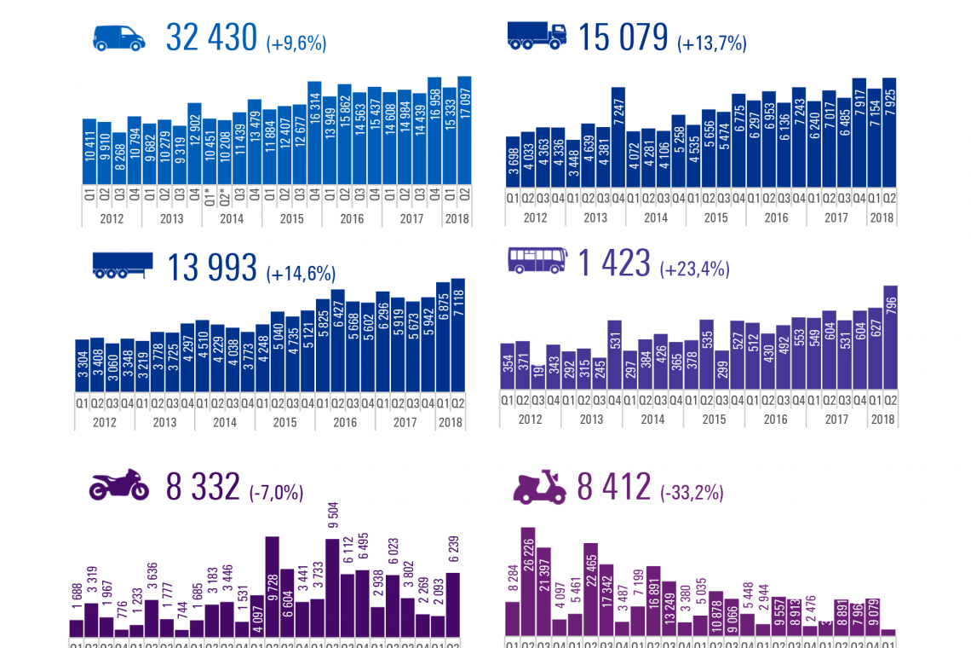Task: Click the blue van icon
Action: click(x=118, y=38)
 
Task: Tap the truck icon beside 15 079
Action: click(x=537, y=35)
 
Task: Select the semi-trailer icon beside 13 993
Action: click(x=122, y=266)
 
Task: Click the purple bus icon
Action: click(x=537, y=260)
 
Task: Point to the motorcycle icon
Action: click(x=118, y=485)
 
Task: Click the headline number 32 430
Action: click(x=211, y=38)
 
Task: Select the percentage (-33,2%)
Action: click(x=692, y=492)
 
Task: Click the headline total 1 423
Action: click(x=614, y=263)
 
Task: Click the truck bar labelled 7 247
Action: click(x=618, y=136)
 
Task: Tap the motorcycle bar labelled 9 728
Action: click(x=273, y=586)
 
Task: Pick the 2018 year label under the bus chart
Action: click(x=882, y=419)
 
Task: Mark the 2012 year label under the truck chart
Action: click(x=535, y=217)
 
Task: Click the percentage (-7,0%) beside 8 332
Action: click(x=276, y=492)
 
